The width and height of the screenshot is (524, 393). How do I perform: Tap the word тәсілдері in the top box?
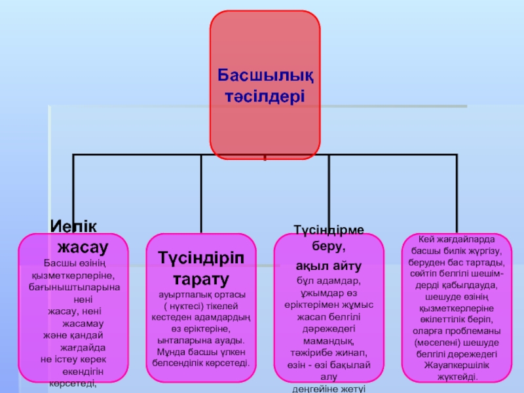click(x=265, y=96)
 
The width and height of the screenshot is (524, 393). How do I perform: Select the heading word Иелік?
click(x=73, y=226)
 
